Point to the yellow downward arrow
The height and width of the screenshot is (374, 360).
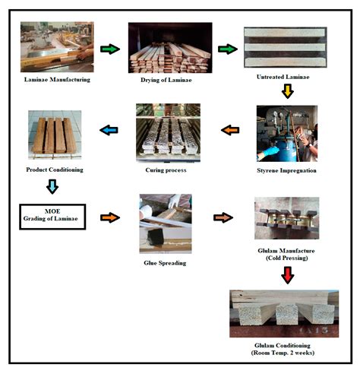tap(287, 92)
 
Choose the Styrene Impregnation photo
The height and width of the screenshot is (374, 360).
tap(287, 132)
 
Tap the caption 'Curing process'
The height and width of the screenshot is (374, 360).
tap(169, 171)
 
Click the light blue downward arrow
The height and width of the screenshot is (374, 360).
tap(52, 187)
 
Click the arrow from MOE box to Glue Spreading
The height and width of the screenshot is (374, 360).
tap(109, 217)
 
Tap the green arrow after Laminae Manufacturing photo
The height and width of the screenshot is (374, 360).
tap(109, 49)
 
